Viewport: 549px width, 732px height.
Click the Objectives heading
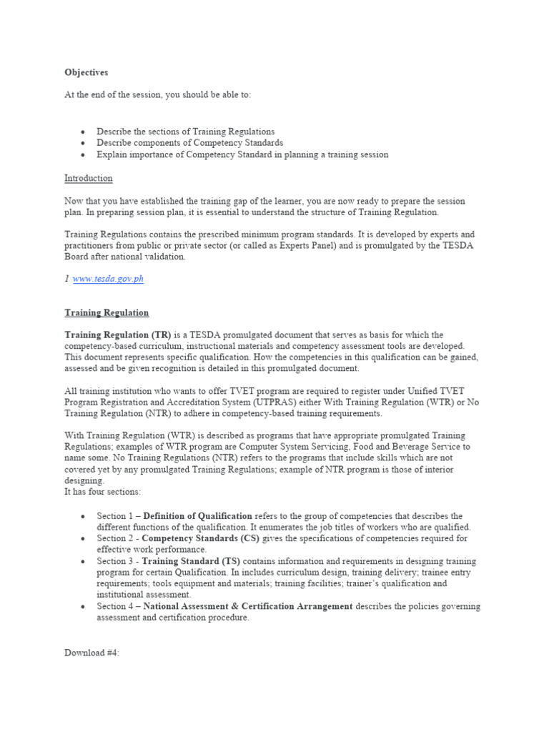tap(86, 72)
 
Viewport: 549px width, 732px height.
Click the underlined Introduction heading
tap(89, 178)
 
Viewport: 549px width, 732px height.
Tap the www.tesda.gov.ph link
tap(108, 279)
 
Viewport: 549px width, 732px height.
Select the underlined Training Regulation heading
tap(107, 312)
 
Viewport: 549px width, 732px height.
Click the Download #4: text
tap(92, 653)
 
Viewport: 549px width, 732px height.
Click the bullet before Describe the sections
tap(83, 132)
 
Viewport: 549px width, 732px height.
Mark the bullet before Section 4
tap(83, 607)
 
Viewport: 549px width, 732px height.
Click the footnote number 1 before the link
tap(66, 279)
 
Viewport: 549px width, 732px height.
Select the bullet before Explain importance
tap(83, 154)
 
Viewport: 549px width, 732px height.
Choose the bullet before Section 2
tap(83, 539)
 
